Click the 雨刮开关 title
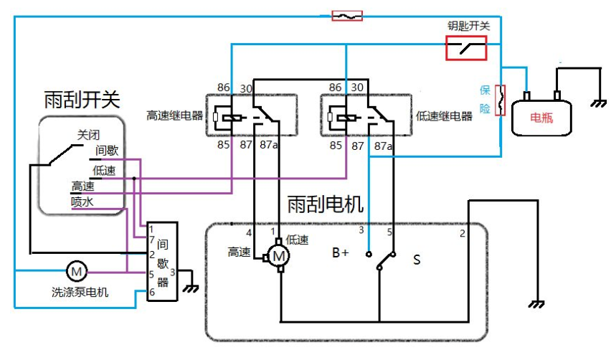point(81,99)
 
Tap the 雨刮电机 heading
point(325,204)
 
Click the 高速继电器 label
point(174,115)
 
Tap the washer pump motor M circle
point(75,270)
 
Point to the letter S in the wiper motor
point(416,259)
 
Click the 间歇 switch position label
point(107,151)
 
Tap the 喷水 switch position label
point(82,202)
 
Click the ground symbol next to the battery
point(597,103)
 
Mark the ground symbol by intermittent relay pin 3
point(191,288)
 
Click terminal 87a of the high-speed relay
point(269,145)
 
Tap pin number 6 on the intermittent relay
point(151,292)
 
